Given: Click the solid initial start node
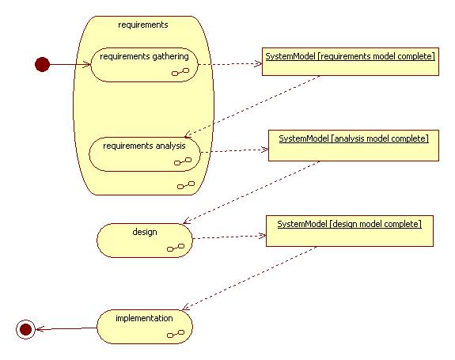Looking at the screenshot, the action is (x=43, y=64).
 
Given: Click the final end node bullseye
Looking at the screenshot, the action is (x=25, y=329).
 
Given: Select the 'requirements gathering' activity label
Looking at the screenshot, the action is (x=144, y=56).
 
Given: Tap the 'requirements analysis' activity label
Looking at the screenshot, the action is (x=144, y=146).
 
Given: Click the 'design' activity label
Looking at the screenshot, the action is (x=145, y=232).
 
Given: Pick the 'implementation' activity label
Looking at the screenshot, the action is (x=144, y=318).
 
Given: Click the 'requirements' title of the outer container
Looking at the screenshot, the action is (x=143, y=25).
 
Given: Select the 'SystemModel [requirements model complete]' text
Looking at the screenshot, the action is (x=351, y=56).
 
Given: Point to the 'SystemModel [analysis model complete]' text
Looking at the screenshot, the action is (x=354, y=138).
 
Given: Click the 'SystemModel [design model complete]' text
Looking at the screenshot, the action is (x=350, y=224).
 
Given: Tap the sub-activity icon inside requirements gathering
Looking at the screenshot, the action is (x=180, y=72).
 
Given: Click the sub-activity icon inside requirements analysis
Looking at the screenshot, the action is (x=183, y=161).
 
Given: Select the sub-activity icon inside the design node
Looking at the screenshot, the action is (x=176, y=248).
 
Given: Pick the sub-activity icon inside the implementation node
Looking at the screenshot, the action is (x=176, y=334).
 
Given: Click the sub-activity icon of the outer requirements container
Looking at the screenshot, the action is (x=186, y=185).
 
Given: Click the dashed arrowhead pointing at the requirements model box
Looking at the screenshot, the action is (x=259, y=64).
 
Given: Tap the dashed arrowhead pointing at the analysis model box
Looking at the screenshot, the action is (x=265, y=150).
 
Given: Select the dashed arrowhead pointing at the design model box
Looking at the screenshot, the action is (x=263, y=236).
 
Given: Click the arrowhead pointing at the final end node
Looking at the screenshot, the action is (x=40, y=329).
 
